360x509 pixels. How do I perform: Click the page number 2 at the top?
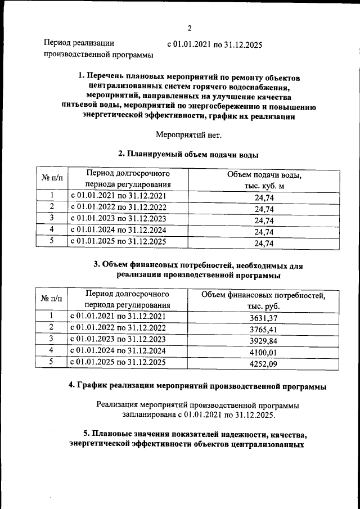click(x=190, y=28)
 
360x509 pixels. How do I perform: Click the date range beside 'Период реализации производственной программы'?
click(x=214, y=44)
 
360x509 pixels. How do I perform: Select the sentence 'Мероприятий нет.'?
click(x=188, y=134)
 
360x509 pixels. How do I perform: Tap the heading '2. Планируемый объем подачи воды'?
click(x=188, y=154)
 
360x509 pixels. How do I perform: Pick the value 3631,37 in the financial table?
click(x=263, y=318)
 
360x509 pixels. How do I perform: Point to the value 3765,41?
click(x=263, y=330)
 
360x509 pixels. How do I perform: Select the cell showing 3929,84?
click(x=263, y=341)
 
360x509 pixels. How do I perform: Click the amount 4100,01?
click(x=263, y=353)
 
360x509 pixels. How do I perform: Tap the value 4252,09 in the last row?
click(x=263, y=364)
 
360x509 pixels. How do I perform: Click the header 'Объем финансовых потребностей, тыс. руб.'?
click(x=263, y=300)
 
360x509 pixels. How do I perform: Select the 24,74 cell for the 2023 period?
click(x=263, y=220)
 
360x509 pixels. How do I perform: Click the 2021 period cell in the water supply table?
click(x=118, y=196)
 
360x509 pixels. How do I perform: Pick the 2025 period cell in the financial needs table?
click(x=118, y=362)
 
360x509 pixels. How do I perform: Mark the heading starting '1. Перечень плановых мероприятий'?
click(x=188, y=97)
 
